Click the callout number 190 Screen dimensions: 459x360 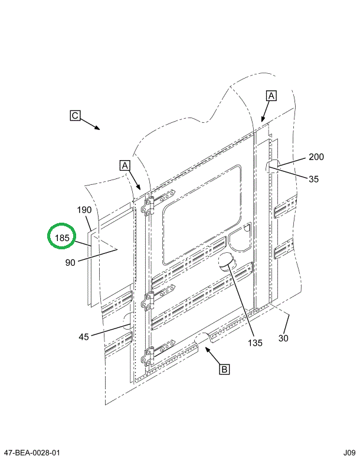[x=84, y=210]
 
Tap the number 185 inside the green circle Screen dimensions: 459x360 [x=63, y=239]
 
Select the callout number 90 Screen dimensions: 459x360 [x=70, y=263]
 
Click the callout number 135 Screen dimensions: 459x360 [x=255, y=342]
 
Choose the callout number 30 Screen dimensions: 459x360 [x=283, y=338]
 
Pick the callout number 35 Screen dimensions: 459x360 [x=313, y=179]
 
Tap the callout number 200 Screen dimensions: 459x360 [x=316, y=157]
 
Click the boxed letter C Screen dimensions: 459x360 [x=75, y=116]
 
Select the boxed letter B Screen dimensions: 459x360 [x=224, y=370]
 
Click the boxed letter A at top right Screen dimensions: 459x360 [x=271, y=95]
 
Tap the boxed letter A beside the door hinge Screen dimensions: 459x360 [x=125, y=165]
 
